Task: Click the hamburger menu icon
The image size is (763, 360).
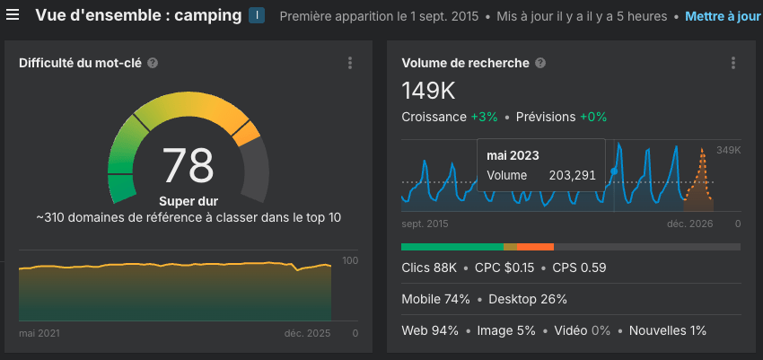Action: coord(13,15)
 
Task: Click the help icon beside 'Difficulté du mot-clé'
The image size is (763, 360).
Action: coord(153,63)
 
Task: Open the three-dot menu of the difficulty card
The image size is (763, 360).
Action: coord(350,63)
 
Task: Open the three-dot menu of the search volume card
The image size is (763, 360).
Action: coord(733,63)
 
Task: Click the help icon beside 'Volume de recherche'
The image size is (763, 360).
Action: coord(539,63)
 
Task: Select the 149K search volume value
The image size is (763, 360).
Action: coord(429,90)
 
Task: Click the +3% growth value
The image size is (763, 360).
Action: coord(484,117)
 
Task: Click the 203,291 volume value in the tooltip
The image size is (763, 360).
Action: coord(572,175)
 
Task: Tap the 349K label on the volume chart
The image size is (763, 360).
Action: coord(728,150)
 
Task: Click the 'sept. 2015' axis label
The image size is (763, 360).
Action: coord(425,224)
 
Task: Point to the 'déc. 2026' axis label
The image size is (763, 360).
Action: coord(689,224)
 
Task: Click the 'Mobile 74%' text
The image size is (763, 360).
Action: coord(436,299)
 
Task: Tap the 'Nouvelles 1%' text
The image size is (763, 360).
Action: coord(668,330)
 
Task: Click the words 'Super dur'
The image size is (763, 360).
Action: coord(189,201)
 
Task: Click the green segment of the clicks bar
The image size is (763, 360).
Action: coord(452,246)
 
